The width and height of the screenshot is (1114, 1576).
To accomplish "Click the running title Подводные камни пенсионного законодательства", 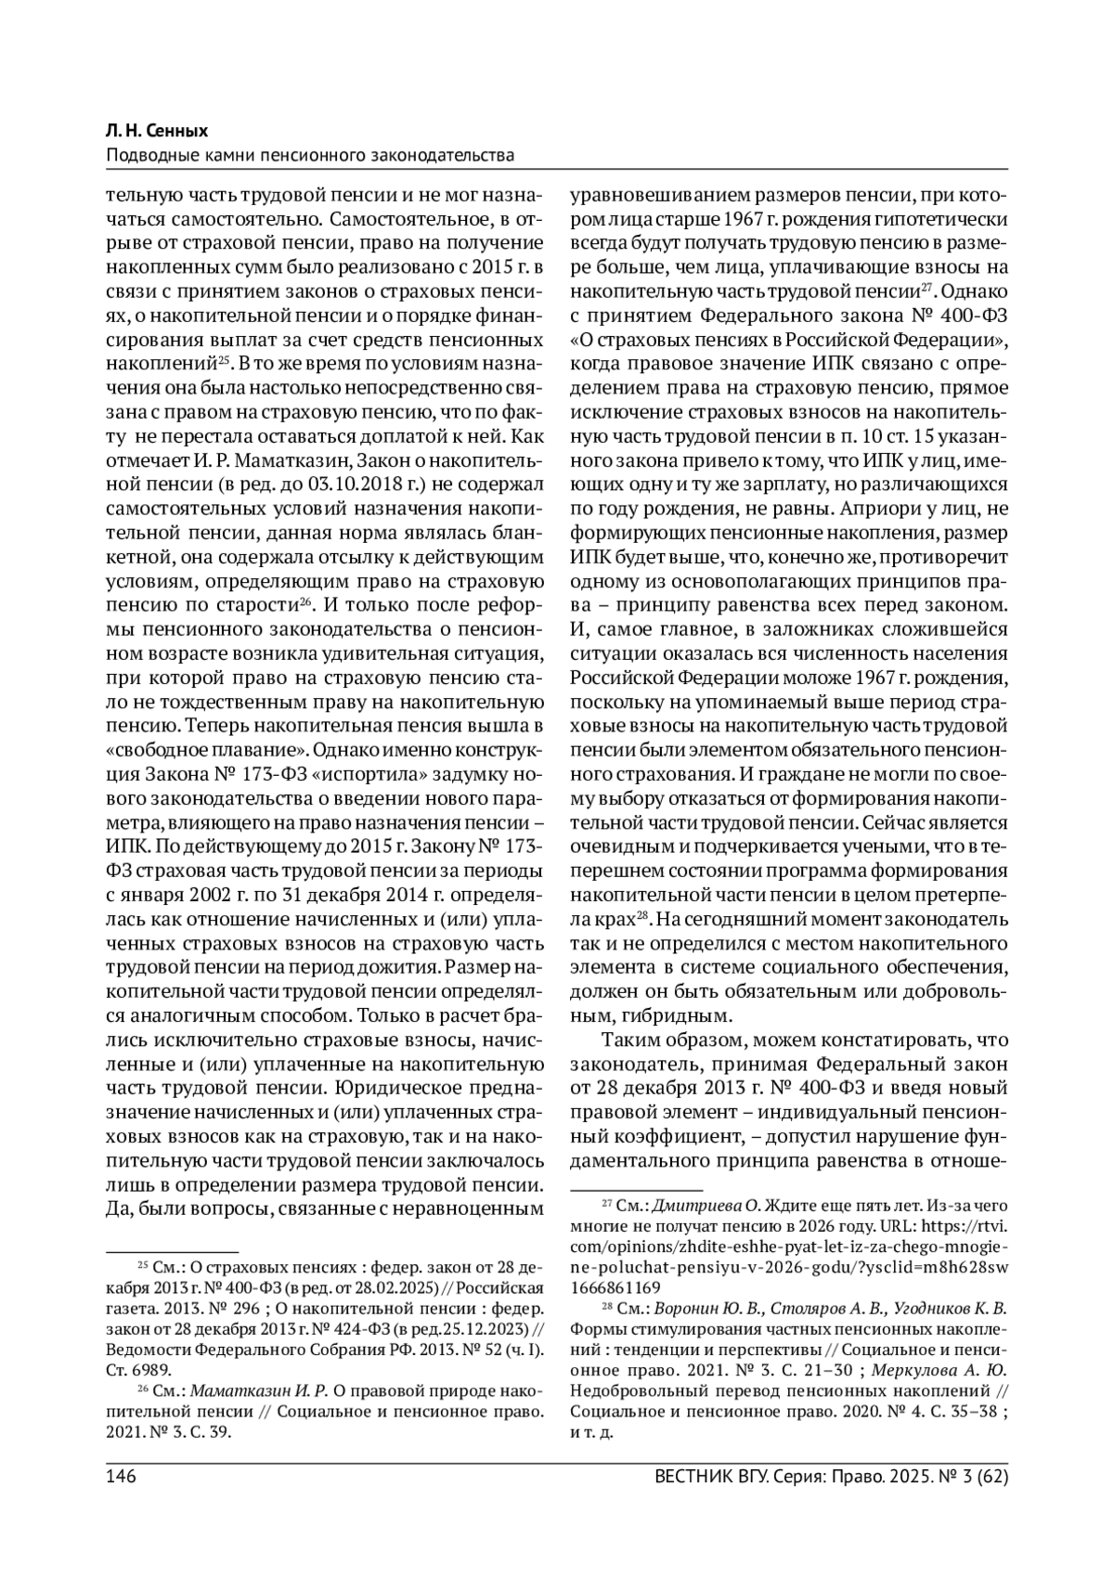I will [310, 154].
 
